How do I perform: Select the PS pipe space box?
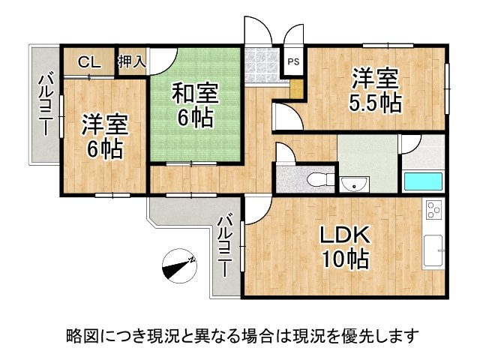point(293,62)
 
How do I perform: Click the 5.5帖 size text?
point(374,103)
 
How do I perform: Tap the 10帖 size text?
point(344,259)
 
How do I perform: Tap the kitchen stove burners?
point(435,212)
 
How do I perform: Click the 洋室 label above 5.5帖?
point(374,79)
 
